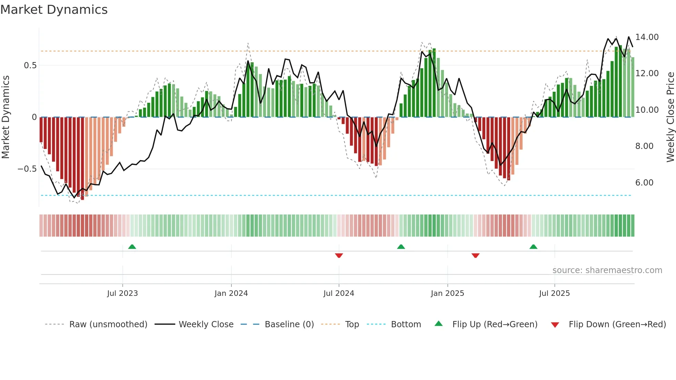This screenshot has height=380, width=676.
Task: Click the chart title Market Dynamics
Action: tap(54, 10)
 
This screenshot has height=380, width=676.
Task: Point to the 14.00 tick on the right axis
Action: tap(647, 37)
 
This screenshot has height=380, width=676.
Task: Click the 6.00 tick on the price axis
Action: tap(644, 183)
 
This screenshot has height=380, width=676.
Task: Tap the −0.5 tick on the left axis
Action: tap(27, 169)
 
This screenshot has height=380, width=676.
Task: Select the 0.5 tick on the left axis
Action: tap(30, 66)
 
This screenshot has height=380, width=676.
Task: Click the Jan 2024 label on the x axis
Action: tap(231, 293)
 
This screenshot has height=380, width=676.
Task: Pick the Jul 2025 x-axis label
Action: tap(554, 293)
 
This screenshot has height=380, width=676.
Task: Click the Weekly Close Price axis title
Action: tap(670, 117)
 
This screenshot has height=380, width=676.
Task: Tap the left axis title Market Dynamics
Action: tap(6, 117)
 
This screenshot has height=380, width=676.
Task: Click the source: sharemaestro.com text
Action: tap(607, 270)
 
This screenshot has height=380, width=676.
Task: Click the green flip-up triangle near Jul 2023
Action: tap(132, 247)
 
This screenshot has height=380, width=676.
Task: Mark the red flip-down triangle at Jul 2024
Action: tap(339, 256)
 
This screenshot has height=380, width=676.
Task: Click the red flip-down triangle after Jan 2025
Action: tap(475, 256)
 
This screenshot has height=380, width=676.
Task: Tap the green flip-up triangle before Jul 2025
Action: tap(533, 247)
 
